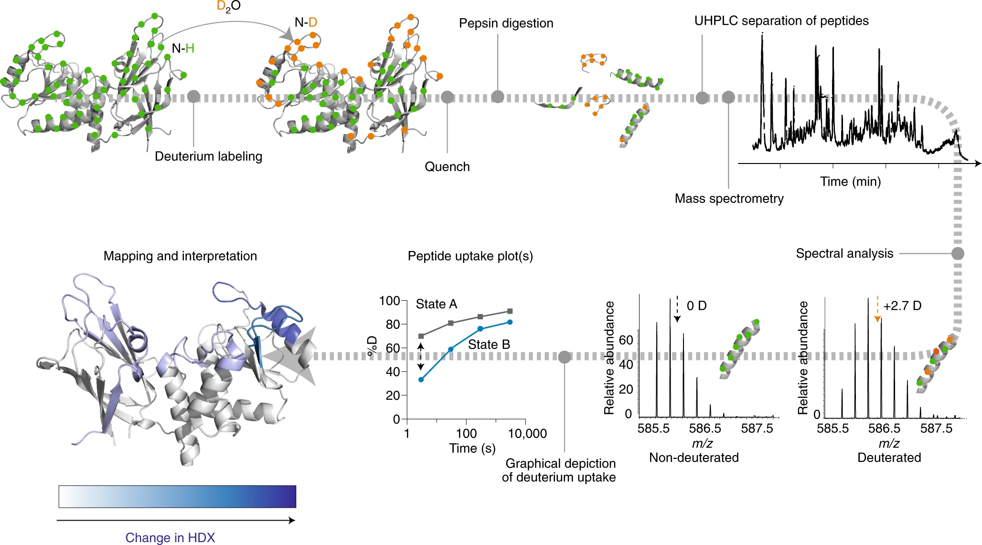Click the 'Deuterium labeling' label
(208, 157)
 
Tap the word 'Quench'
(447, 167)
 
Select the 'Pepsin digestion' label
(506, 23)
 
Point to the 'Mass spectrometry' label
(729, 199)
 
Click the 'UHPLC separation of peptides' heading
(781, 21)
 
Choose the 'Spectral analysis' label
(844, 254)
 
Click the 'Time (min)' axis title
(850, 182)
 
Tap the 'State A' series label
(436, 304)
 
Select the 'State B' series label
(489, 345)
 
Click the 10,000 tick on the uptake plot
(527, 434)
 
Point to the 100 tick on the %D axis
(389, 301)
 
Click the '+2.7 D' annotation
(902, 306)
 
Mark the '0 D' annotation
(696, 306)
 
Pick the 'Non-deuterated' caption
(694, 458)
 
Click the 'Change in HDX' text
(170, 538)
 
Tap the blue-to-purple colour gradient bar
(177, 496)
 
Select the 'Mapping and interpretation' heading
(180, 256)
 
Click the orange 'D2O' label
(228, 6)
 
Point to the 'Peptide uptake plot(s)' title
(470, 256)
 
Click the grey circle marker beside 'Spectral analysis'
(957, 253)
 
